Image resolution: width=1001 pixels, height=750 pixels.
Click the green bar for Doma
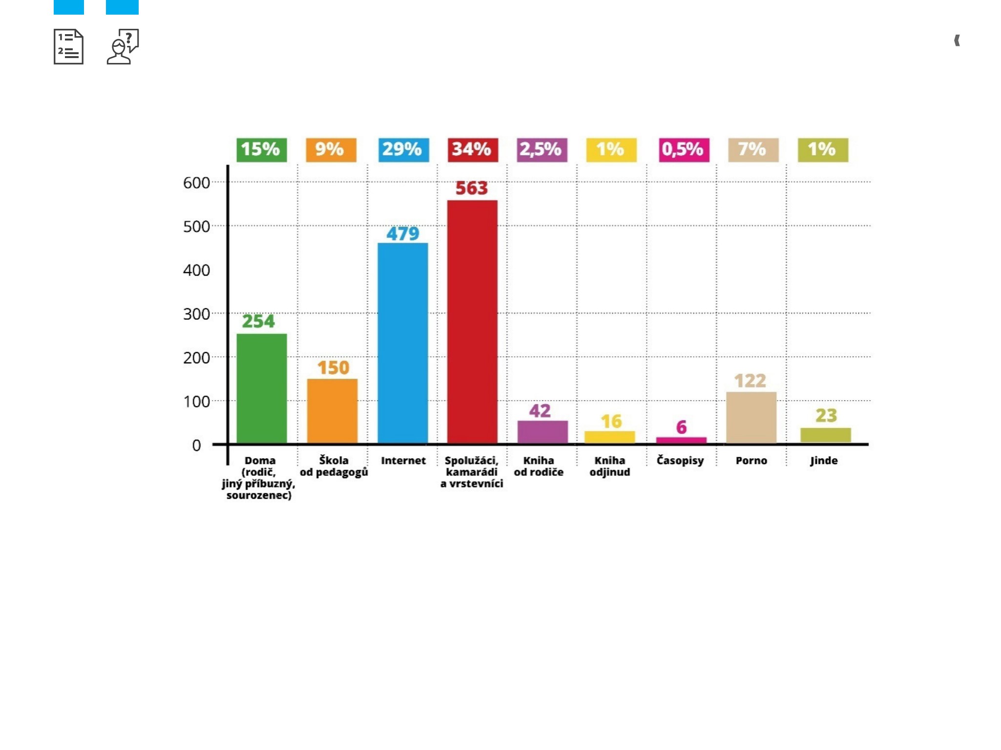point(262,388)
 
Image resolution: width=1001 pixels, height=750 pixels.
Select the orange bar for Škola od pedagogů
point(332,411)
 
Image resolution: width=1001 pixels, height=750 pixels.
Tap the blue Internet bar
point(403,343)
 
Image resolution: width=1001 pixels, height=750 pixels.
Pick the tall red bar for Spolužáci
point(472,322)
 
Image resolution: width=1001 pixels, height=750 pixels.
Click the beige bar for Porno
point(751,418)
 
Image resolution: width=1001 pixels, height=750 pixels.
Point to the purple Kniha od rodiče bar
point(542,432)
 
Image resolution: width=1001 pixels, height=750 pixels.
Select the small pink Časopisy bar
point(681,440)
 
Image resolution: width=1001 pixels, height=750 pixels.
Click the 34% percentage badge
point(473,150)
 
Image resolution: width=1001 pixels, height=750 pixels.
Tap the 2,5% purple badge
point(542,150)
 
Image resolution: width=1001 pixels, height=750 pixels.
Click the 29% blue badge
point(403,150)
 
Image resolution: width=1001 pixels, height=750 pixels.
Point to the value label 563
point(472,188)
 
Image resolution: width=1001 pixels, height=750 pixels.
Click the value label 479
point(403,234)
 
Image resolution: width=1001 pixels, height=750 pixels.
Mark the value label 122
point(750,381)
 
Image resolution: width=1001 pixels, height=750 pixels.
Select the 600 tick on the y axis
point(196,182)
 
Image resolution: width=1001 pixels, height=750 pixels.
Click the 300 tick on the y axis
point(196,314)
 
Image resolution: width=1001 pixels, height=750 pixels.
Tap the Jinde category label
point(824,461)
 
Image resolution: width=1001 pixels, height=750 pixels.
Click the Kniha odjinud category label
point(609,466)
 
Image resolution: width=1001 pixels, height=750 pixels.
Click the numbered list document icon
point(68,47)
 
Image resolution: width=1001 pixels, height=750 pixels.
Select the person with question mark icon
point(123,47)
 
